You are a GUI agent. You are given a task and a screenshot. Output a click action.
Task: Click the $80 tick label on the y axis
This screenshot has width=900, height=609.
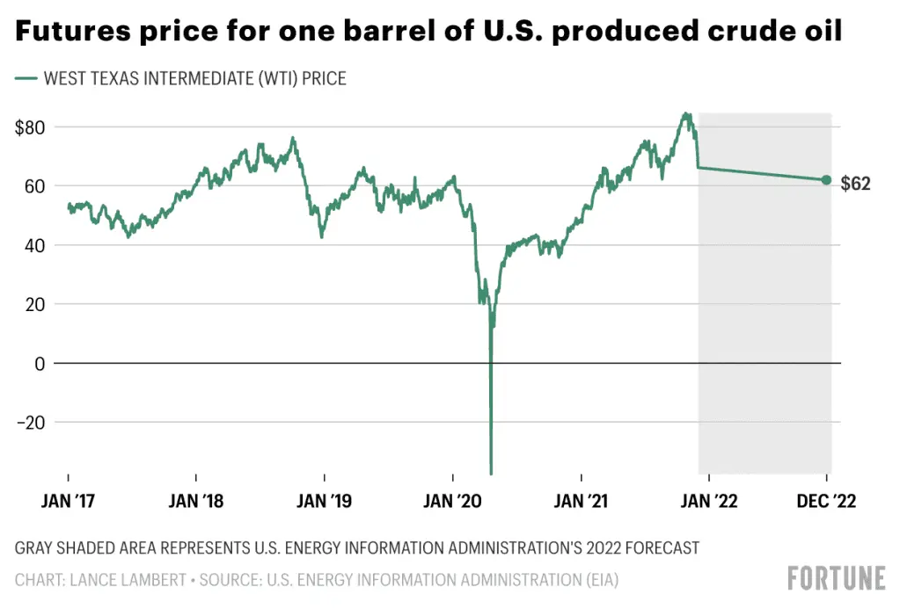coord(31,127)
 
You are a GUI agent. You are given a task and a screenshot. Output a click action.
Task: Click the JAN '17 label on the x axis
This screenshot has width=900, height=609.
coord(69,502)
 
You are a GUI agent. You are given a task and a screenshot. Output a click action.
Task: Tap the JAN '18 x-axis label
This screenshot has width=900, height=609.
coord(195,502)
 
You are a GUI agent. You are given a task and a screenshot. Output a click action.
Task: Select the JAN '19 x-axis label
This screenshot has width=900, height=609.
coord(324,502)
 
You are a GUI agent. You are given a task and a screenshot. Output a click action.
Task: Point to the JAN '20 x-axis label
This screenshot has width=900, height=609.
coord(453,502)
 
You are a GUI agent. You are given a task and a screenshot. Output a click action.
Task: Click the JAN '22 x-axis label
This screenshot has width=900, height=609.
coord(709,502)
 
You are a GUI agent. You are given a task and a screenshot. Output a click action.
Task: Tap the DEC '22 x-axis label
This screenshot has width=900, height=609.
coord(825,502)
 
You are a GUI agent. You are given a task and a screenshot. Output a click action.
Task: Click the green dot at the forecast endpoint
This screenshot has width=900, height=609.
coord(826,179)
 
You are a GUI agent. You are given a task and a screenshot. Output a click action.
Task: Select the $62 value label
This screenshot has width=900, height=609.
coord(856,185)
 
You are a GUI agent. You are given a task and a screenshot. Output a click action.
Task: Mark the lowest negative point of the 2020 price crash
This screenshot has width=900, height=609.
coord(491,474)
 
